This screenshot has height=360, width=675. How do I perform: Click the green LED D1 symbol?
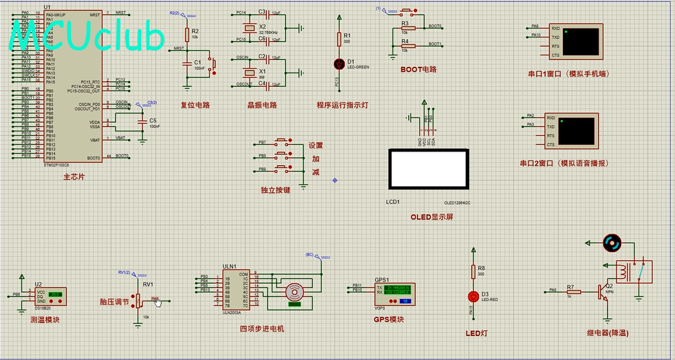(337, 63)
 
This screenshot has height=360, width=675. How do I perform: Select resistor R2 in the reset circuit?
(187, 34)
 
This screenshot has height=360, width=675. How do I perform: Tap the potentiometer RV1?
(137, 300)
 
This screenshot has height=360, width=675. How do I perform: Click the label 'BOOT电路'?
(418, 69)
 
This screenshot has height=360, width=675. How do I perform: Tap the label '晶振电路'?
(262, 105)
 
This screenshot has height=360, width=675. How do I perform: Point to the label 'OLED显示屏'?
(431, 217)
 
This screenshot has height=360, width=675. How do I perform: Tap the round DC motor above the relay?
(612, 243)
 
